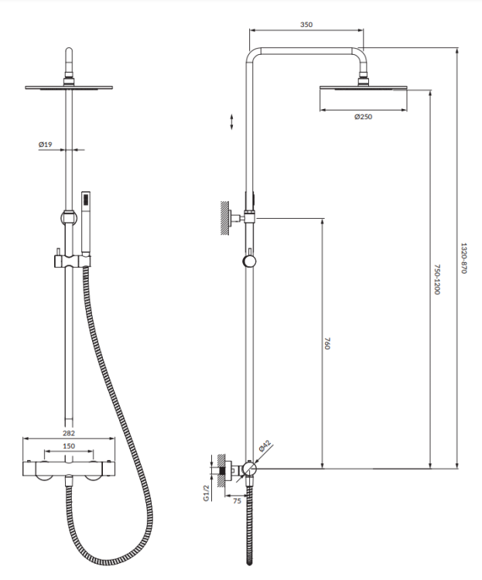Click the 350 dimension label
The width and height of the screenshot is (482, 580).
306,25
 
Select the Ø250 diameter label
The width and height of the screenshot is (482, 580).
363,117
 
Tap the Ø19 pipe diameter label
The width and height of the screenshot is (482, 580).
45,145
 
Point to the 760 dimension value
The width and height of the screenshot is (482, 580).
328,344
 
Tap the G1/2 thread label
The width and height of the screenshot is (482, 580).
206,493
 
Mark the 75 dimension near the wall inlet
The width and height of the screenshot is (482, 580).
238,500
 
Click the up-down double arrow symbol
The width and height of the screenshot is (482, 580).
231,122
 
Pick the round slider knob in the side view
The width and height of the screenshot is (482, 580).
248,261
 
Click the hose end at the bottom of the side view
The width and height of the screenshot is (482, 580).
248,555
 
